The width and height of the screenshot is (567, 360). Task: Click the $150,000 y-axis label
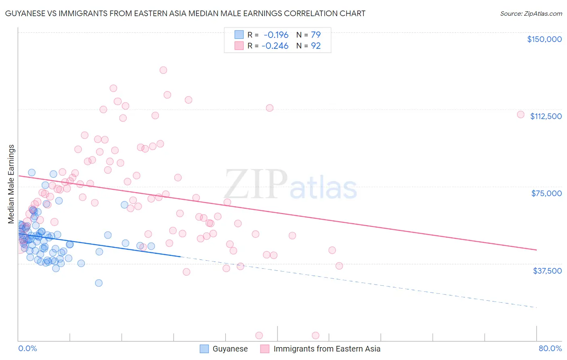(544, 39)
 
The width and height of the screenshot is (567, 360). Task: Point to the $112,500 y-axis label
(546, 116)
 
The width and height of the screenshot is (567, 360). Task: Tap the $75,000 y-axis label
(546, 193)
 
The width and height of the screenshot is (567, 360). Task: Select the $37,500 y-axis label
(547, 271)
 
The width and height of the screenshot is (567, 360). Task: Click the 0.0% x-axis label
(27, 348)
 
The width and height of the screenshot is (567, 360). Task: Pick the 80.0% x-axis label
(550, 348)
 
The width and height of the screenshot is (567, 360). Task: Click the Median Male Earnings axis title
(11, 184)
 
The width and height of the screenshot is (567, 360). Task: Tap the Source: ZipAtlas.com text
(531, 13)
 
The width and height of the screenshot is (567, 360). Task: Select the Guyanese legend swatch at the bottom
(204, 349)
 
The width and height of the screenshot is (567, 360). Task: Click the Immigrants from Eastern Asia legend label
(327, 349)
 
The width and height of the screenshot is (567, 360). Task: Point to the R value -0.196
(276, 35)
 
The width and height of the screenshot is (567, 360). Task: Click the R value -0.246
(275, 46)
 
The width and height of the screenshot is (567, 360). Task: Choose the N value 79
(316, 35)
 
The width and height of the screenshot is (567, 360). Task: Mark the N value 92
(316, 46)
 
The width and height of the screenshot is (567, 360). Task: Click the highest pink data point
(163, 70)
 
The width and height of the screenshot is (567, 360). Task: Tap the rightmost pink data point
(521, 115)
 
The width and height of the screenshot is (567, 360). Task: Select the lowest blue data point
(99, 283)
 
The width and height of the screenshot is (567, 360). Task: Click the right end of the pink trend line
(536, 250)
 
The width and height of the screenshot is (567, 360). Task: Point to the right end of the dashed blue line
(536, 308)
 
